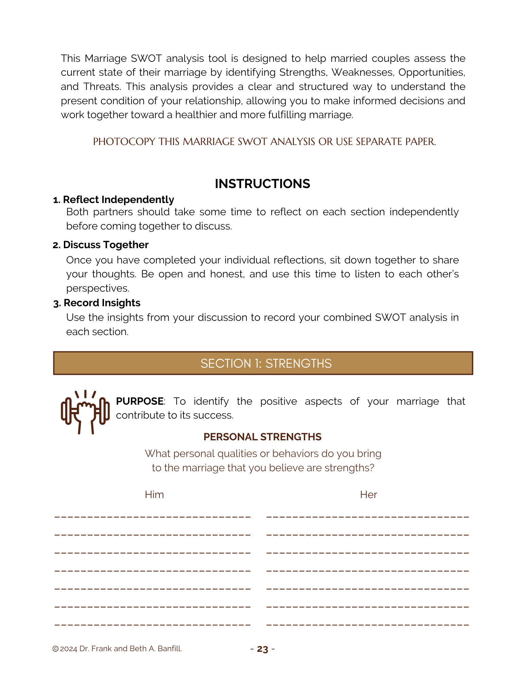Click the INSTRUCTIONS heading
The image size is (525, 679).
click(x=262, y=184)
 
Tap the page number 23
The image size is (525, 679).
click(x=262, y=649)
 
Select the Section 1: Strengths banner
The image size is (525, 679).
click(x=263, y=363)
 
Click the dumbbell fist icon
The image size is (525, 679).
click(x=85, y=412)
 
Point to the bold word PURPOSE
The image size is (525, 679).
click(x=140, y=401)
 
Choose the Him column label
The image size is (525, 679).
click(x=154, y=494)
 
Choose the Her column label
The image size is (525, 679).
click(x=368, y=494)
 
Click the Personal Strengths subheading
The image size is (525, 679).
click(x=262, y=437)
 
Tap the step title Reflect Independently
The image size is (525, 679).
click(x=118, y=200)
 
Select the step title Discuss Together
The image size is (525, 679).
click(x=106, y=245)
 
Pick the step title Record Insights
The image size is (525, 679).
click(x=102, y=303)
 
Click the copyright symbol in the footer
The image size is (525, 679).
click(x=55, y=649)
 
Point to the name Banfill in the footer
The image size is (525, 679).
click(x=169, y=648)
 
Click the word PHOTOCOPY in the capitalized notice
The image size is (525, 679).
click(x=124, y=142)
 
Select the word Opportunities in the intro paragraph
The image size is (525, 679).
click(x=431, y=72)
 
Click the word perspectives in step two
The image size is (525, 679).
click(x=98, y=288)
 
